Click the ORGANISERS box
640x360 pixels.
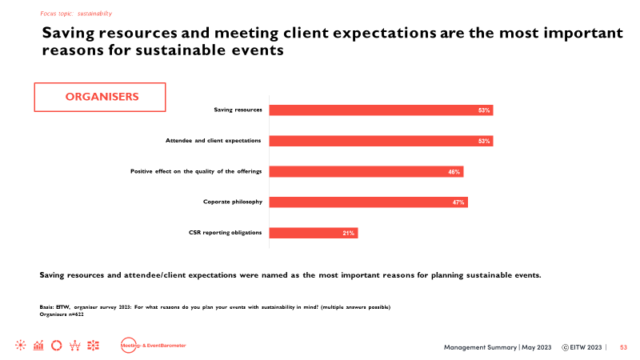click(100, 97)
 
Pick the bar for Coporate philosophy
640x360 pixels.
click(369, 202)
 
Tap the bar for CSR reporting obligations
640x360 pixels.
click(314, 233)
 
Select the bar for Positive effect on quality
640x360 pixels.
click(366, 171)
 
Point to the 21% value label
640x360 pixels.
click(348, 233)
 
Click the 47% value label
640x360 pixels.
click(458, 202)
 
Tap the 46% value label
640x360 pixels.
click(454, 171)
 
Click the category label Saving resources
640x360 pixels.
click(238, 110)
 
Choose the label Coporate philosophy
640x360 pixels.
click(233, 202)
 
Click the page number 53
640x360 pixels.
click(624, 346)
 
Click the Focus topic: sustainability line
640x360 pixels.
click(76, 14)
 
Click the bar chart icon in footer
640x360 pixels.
click(38, 346)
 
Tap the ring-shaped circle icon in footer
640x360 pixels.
click(56, 346)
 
